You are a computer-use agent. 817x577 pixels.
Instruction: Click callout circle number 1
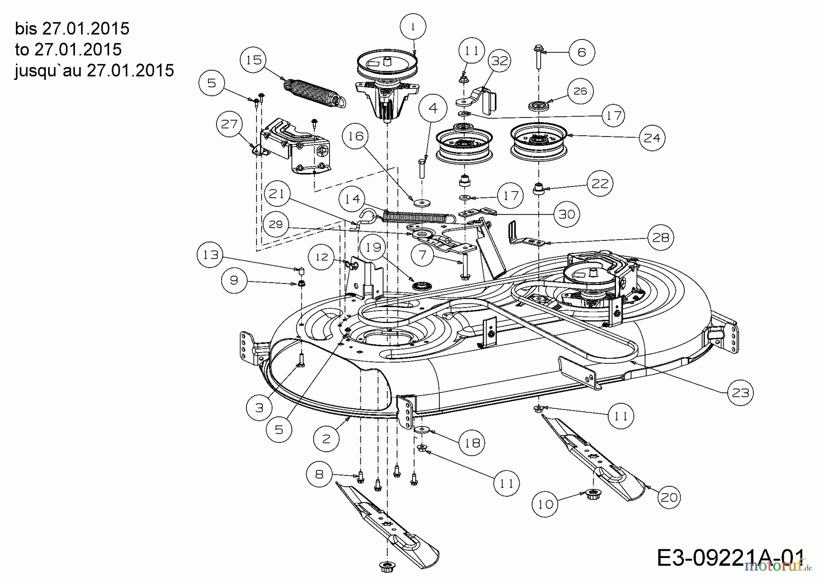pos(413,27)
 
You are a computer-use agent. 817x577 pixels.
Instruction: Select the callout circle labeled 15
pos(254,60)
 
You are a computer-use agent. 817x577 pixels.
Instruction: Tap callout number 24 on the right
pos(652,137)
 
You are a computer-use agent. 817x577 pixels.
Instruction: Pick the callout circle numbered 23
pos(740,392)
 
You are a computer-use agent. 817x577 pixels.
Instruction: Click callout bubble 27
pos(229,123)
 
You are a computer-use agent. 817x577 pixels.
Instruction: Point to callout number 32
pos(500,60)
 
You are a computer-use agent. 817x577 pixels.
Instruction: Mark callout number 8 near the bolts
pos(319,474)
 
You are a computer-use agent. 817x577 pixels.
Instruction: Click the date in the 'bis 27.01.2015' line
pos(86,29)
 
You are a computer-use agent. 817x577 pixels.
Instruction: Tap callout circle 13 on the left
pos(210,255)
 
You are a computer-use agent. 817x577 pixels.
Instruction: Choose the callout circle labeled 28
pos(660,237)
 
